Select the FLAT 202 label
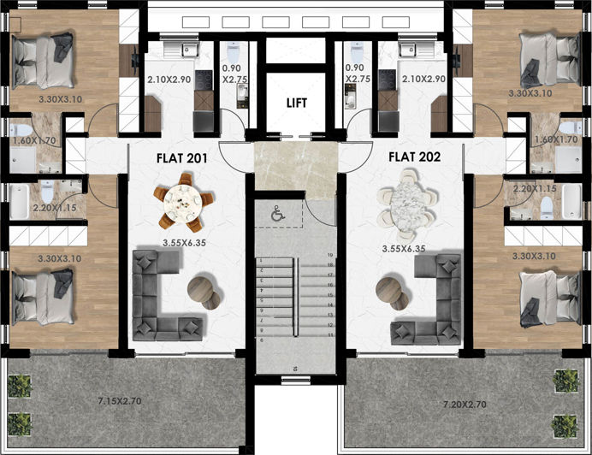point(414,157)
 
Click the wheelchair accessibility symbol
point(276,215)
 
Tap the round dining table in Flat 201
point(183,202)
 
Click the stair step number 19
point(329,256)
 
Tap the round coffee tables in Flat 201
point(204,290)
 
